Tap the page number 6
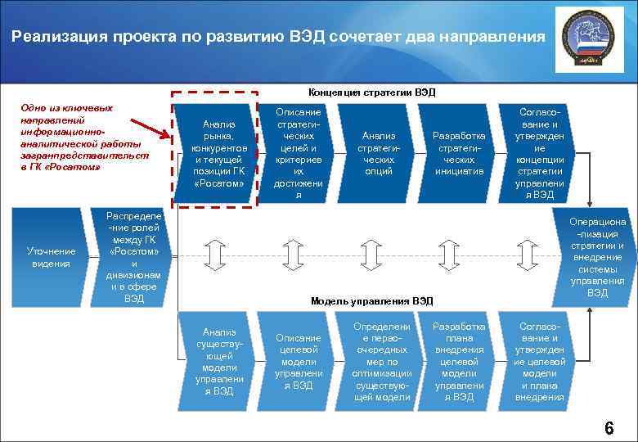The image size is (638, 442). [x=609, y=428]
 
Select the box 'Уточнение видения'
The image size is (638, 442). [x=51, y=257]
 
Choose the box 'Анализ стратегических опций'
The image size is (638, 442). [x=378, y=153]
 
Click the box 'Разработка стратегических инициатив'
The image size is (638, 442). [x=458, y=153]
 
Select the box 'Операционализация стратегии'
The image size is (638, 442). [x=597, y=257]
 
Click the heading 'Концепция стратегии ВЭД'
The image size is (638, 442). [x=372, y=92]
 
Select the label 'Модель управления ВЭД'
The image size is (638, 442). [x=372, y=300]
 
